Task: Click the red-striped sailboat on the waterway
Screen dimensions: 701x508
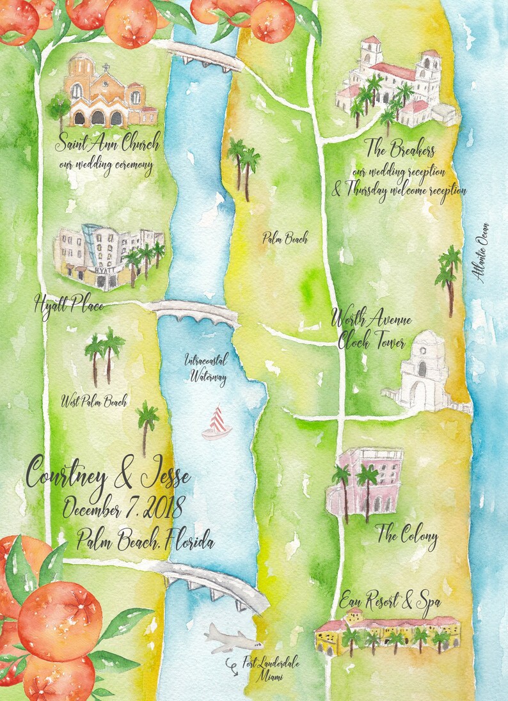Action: pos(217,423)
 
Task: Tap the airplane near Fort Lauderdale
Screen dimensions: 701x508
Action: pos(232,638)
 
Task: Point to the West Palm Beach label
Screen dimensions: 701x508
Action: pos(93,402)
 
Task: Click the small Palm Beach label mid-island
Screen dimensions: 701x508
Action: pos(285,239)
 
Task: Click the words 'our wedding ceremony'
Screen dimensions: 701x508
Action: pos(105,167)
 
